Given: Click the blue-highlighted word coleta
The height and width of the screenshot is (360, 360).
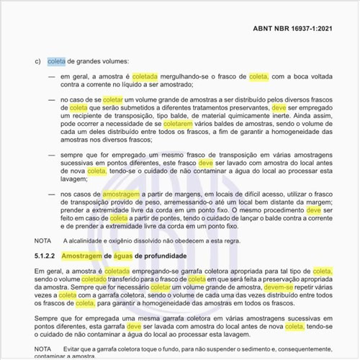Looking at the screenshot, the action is coord(56,61).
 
